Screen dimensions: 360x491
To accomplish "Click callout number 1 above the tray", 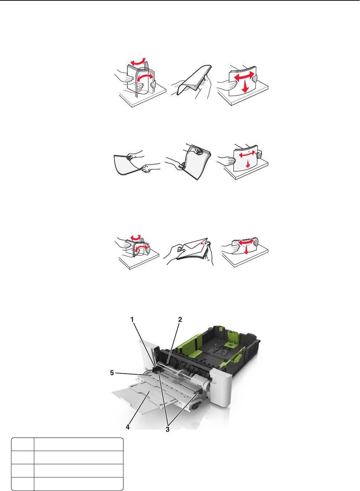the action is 132,320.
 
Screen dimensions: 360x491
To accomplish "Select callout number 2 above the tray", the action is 180,320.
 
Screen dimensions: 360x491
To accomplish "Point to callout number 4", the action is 127,427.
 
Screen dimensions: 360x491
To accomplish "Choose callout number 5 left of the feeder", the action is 112,373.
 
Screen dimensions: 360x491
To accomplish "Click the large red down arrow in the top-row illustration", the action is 246,86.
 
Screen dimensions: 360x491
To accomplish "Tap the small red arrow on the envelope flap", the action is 203,243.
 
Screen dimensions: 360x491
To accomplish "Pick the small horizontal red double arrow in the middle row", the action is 247,154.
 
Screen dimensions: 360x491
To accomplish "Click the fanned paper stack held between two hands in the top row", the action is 193,80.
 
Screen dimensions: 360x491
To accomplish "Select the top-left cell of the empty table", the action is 23,444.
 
